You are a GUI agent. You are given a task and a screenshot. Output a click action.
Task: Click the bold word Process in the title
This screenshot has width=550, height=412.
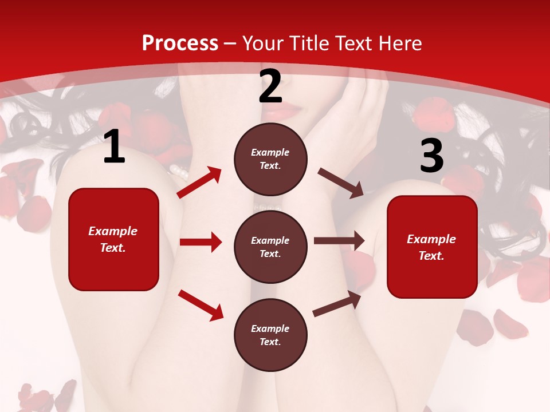pos(180,43)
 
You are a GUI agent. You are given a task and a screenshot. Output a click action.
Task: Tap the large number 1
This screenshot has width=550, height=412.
pos(114,148)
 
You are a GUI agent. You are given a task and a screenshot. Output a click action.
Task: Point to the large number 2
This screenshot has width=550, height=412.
pos(270,87)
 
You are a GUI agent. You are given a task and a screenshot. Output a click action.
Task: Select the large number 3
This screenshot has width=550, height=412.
pos(431,156)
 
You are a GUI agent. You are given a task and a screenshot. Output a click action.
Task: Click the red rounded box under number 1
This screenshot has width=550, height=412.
pos(113,239)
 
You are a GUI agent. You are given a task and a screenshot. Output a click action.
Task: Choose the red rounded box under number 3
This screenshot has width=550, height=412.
pos(432,247)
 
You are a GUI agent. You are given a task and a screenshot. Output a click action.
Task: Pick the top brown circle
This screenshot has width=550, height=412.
pos(270,159)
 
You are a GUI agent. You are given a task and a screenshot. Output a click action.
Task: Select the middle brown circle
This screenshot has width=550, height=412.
pos(270,247)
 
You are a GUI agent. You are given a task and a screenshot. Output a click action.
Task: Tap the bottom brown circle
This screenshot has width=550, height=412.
pos(270,335)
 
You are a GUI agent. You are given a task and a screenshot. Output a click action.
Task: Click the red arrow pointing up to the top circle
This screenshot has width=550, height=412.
pos(199,183)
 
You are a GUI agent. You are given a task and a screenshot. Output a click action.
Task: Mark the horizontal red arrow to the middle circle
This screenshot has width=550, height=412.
pos(201,242)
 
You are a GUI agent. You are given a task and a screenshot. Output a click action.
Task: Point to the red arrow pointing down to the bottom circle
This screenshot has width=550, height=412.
pos(201,305)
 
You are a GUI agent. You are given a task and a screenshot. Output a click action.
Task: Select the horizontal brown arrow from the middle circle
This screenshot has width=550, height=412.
pos(339,240)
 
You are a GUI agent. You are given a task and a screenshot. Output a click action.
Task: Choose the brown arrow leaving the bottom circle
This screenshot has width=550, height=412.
pos(337,303)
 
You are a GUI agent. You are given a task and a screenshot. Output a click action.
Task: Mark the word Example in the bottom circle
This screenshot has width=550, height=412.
pos(270,328)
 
